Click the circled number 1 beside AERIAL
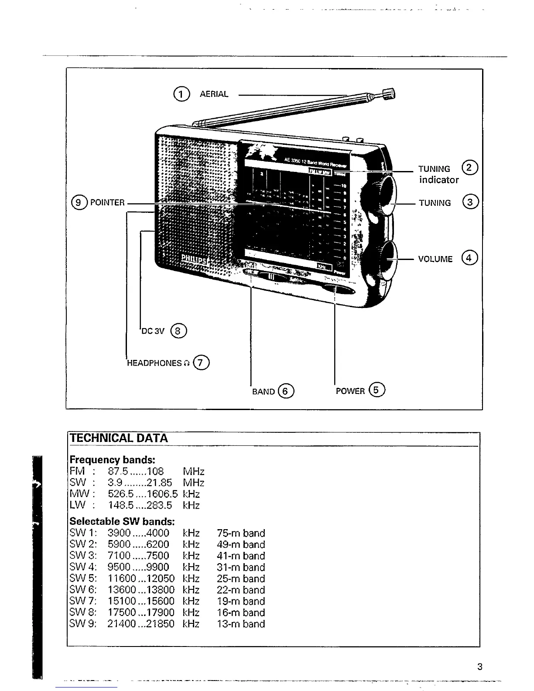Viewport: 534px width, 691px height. (x=181, y=94)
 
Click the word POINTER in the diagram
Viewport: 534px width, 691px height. (x=106, y=202)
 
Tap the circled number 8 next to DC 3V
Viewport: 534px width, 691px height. (x=178, y=331)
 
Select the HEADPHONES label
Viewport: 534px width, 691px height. (x=154, y=363)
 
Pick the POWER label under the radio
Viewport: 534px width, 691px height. (x=350, y=391)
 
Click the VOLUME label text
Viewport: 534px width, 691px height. (x=435, y=259)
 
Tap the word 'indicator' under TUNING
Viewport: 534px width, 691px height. (x=439, y=180)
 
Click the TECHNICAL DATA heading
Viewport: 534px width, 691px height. (x=118, y=438)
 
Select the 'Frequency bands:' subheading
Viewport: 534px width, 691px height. (x=113, y=460)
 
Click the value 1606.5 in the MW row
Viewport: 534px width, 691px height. (x=162, y=494)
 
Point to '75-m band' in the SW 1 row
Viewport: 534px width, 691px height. (x=241, y=533)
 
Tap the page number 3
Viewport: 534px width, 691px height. (x=479, y=667)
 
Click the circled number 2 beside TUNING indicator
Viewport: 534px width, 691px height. (x=470, y=168)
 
